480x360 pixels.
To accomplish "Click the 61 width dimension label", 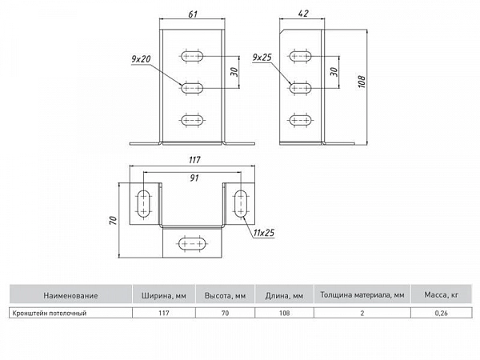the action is (193, 14).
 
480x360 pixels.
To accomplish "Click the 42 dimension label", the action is (302, 14).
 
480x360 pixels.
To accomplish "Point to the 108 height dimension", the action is (362, 82).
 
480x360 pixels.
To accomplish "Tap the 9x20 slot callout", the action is (141, 58).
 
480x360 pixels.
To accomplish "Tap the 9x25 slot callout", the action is (262, 58).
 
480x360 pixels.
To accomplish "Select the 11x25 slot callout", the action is (264, 233).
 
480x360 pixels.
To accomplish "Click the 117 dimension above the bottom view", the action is (194, 160).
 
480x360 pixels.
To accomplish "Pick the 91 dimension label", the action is (194, 178).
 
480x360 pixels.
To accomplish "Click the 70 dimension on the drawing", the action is (114, 221).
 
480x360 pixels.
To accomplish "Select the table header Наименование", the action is (70, 296).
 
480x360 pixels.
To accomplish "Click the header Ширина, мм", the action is (164, 296).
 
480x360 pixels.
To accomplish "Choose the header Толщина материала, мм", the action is (362, 295).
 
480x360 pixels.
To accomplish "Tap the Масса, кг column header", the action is (441, 295).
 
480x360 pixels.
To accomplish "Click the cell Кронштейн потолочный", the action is (50, 313).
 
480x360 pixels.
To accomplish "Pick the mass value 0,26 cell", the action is (441, 313).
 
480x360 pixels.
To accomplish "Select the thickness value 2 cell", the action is (362, 313).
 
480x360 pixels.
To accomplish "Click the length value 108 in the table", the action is (284, 313).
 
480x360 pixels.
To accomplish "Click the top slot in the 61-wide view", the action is (192, 56).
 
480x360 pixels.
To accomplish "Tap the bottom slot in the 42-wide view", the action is (300, 120).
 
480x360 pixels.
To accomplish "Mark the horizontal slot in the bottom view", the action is (192, 244).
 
